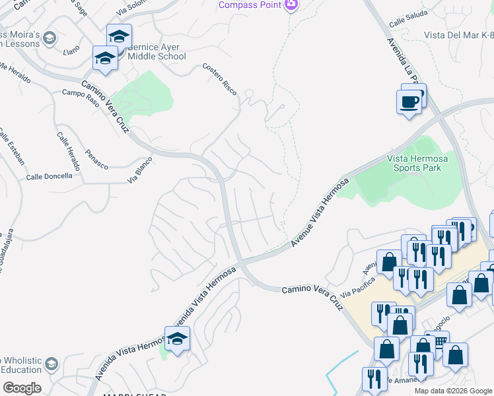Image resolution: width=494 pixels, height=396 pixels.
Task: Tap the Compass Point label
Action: pyautogui.click(x=250, y=5)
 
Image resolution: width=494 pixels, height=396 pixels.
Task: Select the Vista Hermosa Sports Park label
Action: pyautogui.click(x=413, y=163)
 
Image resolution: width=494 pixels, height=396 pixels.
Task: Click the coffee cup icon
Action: pyautogui.click(x=409, y=101)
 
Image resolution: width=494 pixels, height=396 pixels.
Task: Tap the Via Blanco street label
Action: pyautogui.click(x=140, y=170)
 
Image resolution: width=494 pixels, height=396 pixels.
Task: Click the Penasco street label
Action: pyautogui.click(x=96, y=159)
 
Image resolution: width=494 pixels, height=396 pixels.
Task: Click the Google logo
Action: pyautogui.click(x=22, y=388)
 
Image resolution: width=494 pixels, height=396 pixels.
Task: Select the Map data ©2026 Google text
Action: pyautogui.click(x=453, y=391)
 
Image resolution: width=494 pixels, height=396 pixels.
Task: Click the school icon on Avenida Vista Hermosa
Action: pyautogui.click(x=177, y=339)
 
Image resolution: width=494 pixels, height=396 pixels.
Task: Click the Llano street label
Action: pyautogui.click(x=71, y=49)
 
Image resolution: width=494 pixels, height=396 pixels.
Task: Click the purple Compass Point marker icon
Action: pyautogui.click(x=291, y=5)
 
